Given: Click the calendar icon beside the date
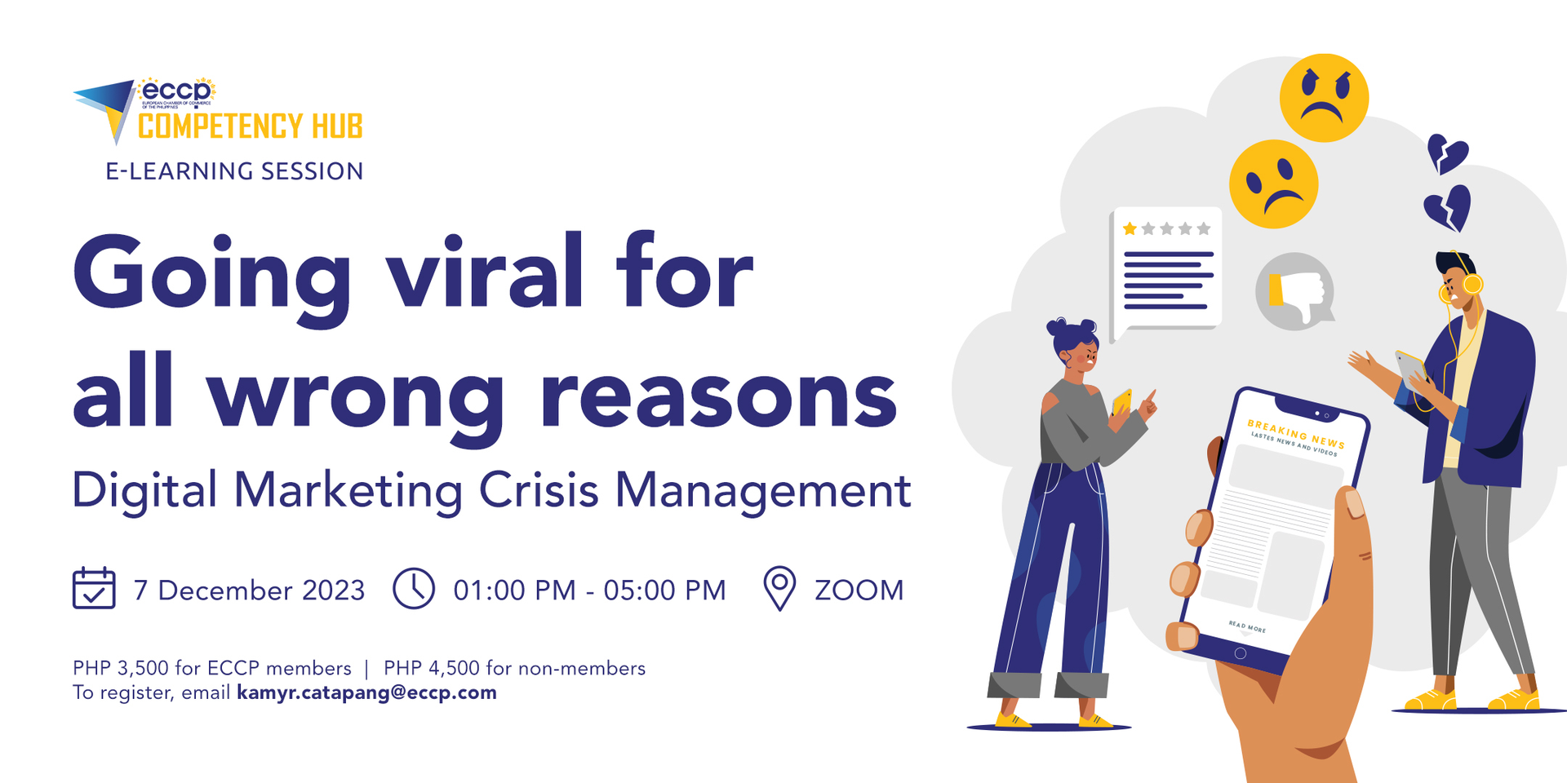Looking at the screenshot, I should point(94,588).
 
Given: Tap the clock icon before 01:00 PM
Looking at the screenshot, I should point(414,589).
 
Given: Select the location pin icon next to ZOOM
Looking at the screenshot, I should point(779,588).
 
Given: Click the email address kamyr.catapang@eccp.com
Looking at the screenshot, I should point(366,692).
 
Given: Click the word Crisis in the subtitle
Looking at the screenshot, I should point(539,491).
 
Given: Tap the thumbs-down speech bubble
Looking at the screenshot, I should point(1294,291).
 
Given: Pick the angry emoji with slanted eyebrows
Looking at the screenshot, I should point(1323,98).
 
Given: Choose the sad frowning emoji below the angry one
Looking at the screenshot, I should point(1273,184).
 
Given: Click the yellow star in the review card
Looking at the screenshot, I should point(1130,229).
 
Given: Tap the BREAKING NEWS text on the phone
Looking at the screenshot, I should point(1296,433).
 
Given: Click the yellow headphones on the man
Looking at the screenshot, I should point(1472,284).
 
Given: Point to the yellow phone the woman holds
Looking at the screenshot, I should point(1121,401).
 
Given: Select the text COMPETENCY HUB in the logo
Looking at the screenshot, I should point(250,126).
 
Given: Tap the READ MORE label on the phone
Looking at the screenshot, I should point(1247,627).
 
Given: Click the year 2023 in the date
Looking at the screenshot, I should point(333,591).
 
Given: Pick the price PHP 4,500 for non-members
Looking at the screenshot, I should point(432,669).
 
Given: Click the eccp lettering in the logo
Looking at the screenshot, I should point(176,90).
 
